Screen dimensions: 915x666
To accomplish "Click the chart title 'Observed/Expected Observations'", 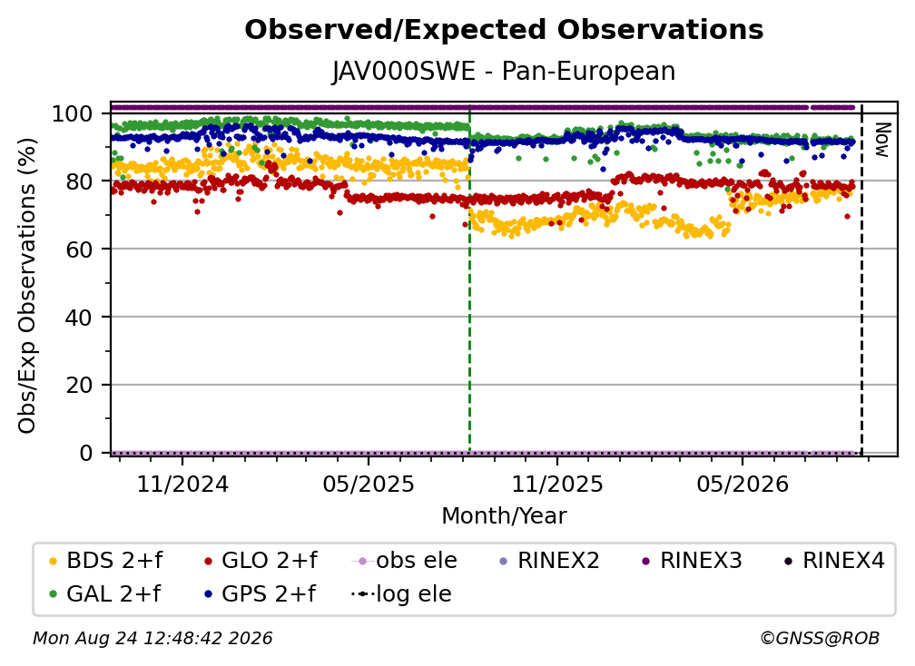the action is pyautogui.click(x=504, y=30).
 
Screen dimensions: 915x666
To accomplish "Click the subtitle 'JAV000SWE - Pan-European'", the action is pyautogui.click(x=504, y=72).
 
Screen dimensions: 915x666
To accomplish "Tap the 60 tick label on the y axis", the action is pyautogui.click(x=79, y=250).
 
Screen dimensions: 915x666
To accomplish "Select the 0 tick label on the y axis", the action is pyautogui.click(x=86, y=453).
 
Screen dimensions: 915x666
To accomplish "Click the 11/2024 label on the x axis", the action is pyautogui.click(x=182, y=484).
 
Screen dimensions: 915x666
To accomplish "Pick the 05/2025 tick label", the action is pyautogui.click(x=369, y=484).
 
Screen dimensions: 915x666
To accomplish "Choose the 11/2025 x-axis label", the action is pyautogui.click(x=557, y=484).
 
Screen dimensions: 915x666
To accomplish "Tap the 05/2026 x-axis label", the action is pyautogui.click(x=743, y=484).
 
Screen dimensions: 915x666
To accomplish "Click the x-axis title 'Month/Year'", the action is pyautogui.click(x=504, y=516).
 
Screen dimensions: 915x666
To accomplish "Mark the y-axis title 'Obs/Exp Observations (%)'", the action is pyautogui.click(x=27, y=286).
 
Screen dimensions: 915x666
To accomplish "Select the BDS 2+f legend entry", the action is pyautogui.click(x=105, y=561).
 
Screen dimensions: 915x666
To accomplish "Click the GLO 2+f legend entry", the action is pyautogui.click(x=261, y=561).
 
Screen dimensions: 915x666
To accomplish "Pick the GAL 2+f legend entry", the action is pyautogui.click(x=104, y=594).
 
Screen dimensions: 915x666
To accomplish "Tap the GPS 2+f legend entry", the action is pyautogui.click(x=260, y=594).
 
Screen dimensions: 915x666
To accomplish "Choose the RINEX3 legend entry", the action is pyautogui.click(x=692, y=561).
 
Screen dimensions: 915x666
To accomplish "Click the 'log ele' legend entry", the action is pyautogui.click(x=401, y=594).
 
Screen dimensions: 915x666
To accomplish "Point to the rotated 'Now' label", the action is pyautogui.click(x=881, y=140).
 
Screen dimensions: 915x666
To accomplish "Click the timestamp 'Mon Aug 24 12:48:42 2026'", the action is pyautogui.click(x=152, y=639).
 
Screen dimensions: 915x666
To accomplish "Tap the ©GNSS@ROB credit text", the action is pyautogui.click(x=820, y=639).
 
